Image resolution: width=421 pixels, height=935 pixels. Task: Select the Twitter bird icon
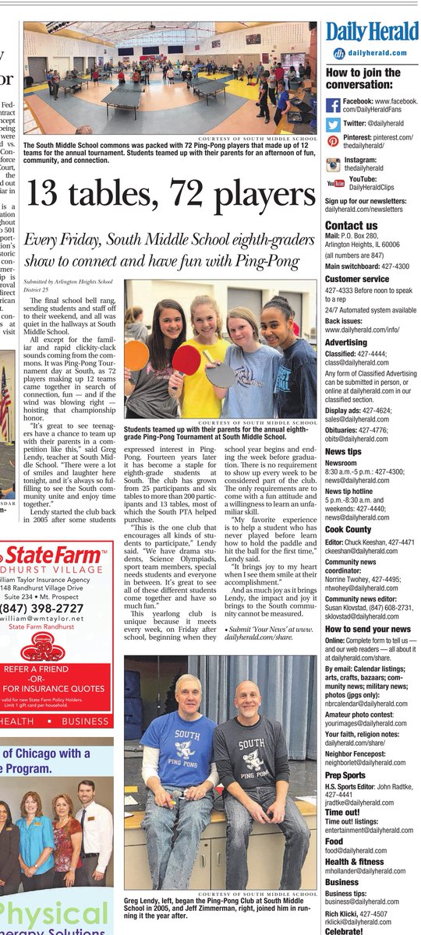[333, 123]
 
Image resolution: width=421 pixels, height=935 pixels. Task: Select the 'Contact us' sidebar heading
[351, 226]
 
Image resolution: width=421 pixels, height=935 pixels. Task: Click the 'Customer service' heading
[356, 278]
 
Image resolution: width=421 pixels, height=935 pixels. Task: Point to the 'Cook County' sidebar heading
[348, 529]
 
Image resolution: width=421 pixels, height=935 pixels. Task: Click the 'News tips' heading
[343, 451]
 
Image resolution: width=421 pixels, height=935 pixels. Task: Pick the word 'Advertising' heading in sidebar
[345, 342]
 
